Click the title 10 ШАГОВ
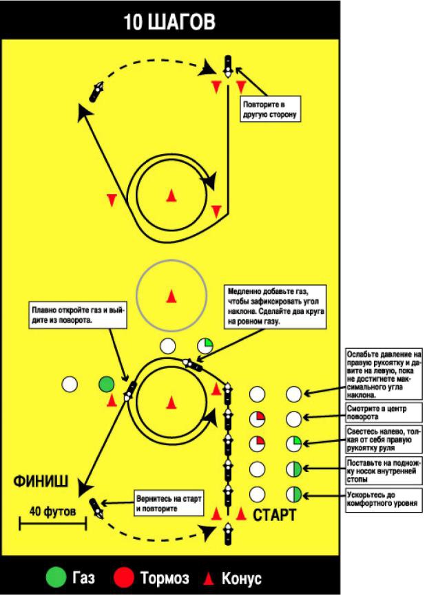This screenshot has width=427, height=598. point(169,22)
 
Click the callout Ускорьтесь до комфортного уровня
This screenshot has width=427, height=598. point(383,498)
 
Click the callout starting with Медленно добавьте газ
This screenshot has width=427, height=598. point(275,306)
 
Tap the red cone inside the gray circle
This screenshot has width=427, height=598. point(171,296)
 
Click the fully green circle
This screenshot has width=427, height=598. point(105,384)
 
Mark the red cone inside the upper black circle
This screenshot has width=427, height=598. point(171,196)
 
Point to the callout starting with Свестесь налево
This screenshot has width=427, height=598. point(383,441)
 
